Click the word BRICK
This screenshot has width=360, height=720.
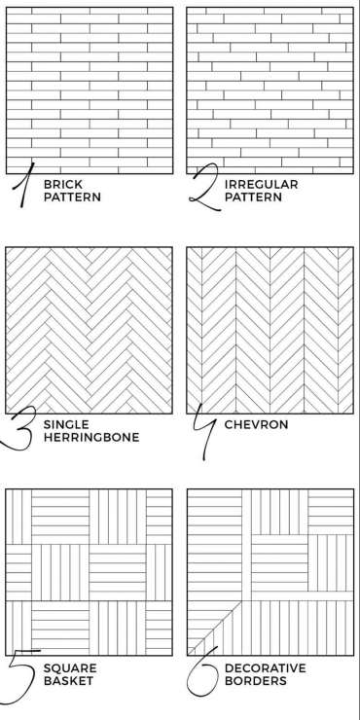coord(63,185)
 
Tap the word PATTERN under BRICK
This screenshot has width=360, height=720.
coord(72,198)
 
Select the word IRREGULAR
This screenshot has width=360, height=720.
coord(262,185)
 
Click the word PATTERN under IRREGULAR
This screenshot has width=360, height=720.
coord(253,198)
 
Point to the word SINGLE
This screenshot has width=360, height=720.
coord(66,425)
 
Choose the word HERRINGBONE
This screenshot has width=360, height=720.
coord(91,437)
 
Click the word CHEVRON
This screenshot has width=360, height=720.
coord(256,425)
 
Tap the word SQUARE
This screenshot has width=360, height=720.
coord(70,668)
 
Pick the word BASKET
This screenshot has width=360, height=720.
coord(68,680)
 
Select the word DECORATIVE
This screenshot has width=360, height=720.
coord(265,668)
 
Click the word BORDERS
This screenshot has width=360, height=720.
coord(255,680)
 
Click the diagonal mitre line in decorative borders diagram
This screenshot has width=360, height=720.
coord(214,628)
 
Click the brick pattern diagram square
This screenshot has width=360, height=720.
coord(90,90)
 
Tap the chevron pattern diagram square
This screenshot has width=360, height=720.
coord(270,330)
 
